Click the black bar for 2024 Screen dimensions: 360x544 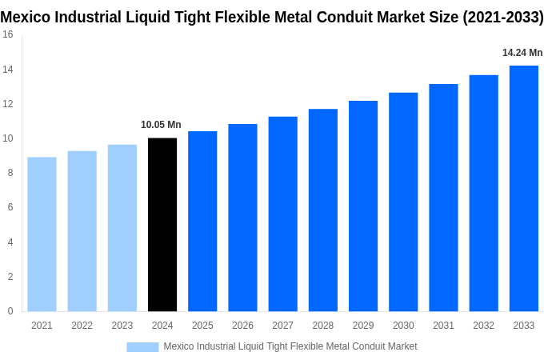point(162,225)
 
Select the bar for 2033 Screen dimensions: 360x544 point(523,189)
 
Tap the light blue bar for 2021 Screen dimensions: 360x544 point(42,234)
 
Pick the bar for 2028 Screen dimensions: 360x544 point(322,210)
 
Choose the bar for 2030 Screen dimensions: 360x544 point(403,202)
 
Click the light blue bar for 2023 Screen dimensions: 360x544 point(122,228)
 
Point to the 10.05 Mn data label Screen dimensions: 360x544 point(161,125)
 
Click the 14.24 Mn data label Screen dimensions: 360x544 point(522,53)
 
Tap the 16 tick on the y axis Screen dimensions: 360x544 point(8,34)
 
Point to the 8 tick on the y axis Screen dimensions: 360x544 point(10,173)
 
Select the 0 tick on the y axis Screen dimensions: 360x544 point(10,311)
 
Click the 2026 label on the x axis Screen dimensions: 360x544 point(242,326)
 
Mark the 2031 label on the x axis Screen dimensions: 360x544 point(443,326)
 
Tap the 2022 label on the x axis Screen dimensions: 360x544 point(82,326)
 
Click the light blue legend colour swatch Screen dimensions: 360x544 point(142,347)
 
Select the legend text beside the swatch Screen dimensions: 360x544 point(290,346)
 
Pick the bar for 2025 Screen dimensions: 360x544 point(202,222)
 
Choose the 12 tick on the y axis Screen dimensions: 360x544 point(8,104)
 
